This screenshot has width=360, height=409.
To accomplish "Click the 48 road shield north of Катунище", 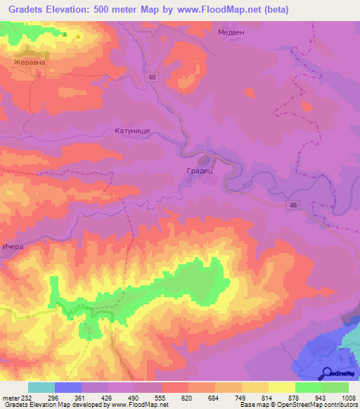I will [153, 77].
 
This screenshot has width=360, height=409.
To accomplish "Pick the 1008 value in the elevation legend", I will [349, 397].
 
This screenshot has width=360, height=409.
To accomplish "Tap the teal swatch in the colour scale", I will [41, 387].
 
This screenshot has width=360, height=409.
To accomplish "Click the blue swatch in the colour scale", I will [68, 387].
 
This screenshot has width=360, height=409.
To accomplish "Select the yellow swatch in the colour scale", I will [282, 387].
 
